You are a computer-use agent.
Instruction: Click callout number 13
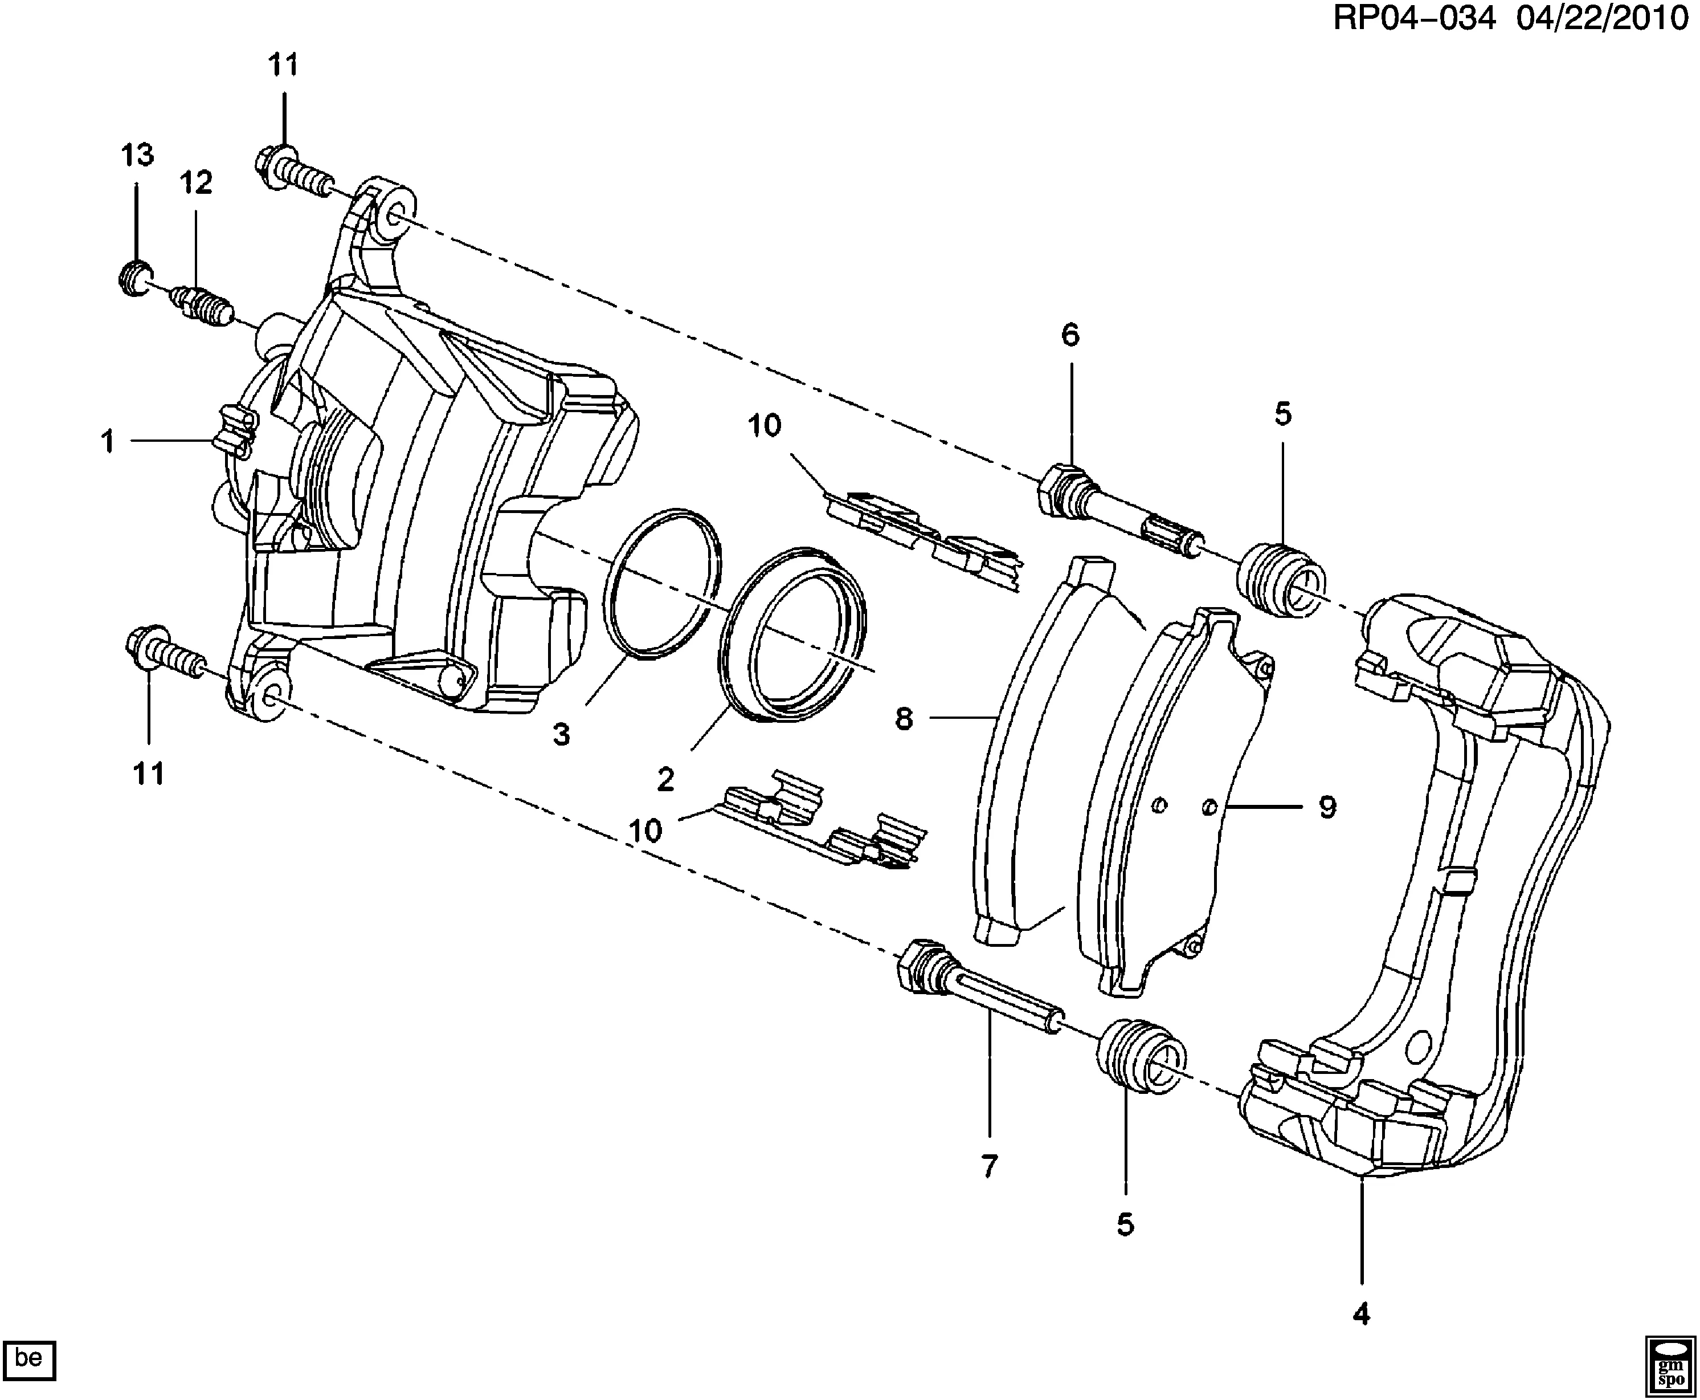(137, 155)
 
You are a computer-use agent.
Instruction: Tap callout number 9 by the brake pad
(1327, 807)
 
